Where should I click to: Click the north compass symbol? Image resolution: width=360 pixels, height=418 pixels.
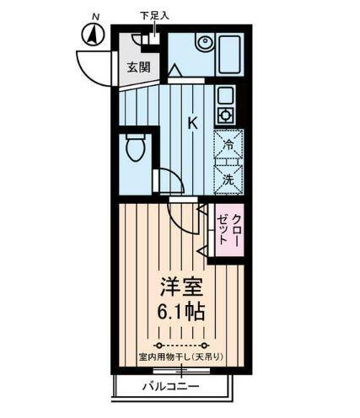point(92,35)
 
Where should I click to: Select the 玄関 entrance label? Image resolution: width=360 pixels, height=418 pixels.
point(137,67)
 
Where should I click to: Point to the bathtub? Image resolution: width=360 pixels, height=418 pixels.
point(228,54)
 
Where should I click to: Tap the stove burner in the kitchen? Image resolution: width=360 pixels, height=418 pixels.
point(225,115)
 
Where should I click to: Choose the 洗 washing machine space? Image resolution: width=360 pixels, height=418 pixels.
point(228,179)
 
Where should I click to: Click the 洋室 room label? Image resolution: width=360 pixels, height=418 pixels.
point(178,285)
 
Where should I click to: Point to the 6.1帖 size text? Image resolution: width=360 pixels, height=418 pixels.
point(178,309)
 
